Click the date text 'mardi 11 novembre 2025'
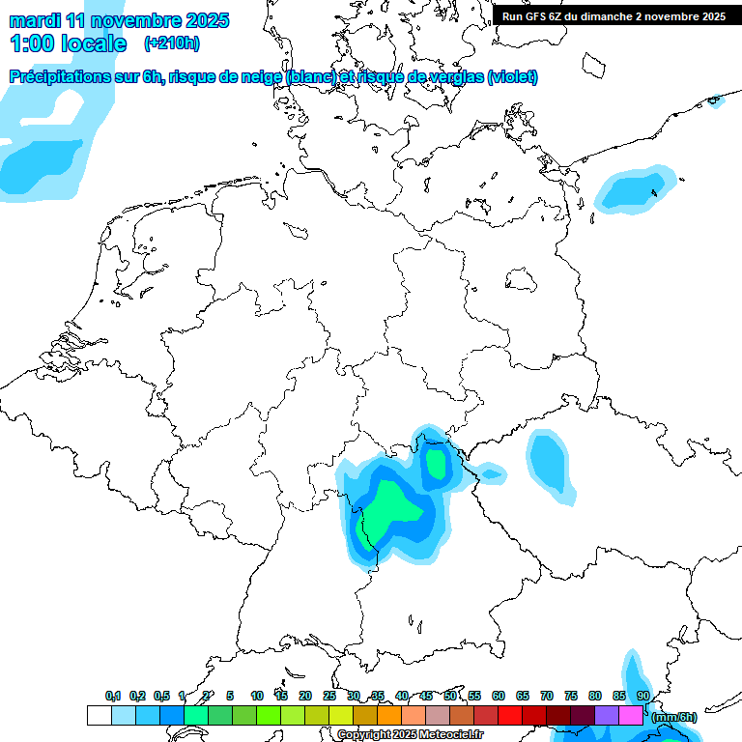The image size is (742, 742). pyautogui.click(x=119, y=20)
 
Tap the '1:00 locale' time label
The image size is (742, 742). pyautogui.click(x=68, y=43)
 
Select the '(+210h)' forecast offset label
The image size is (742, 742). pyautogui.click(x=172, y=43)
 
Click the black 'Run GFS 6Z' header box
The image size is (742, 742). pyautogui.click(x=614, y=15)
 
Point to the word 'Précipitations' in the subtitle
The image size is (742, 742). pyautogui.click(x=61, y=77)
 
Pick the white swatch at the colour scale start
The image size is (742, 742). pyautogui.click(x=99, y=716)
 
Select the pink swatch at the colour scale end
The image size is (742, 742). pyautogui.click(x=631, y=716)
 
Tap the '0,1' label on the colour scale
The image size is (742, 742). pyautogui.click(x=113, y=697)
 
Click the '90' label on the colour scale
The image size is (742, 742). pyautogui.click(x=643, y=697)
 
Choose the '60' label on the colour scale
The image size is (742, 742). pyautogui.click(x=499, y=697)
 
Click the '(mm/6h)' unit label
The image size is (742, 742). pyautogui.click(x=673, y=717)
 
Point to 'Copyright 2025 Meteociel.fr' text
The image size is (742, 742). pyautogui.click(x=410, y=734)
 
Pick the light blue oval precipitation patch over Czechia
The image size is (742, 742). pyautogui.click(x=549, y=462)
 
